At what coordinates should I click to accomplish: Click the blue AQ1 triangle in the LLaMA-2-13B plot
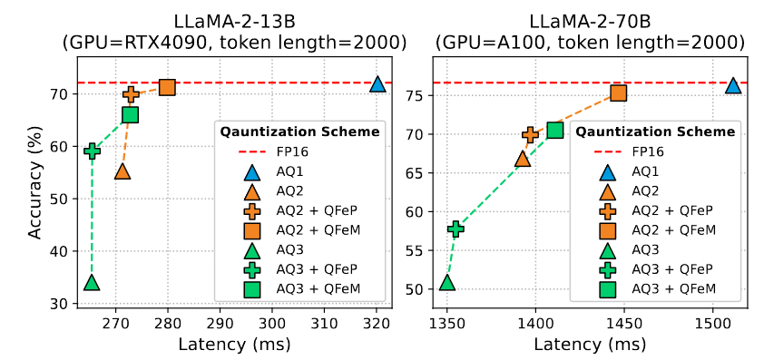point(377,84)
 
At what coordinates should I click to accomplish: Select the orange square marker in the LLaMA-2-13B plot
point(167,87)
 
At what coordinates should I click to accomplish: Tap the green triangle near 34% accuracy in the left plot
point(92,282)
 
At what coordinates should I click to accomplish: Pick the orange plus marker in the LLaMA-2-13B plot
point(131,94)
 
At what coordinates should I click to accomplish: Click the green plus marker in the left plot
point(92,151)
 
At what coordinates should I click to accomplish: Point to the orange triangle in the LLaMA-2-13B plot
point(122,171)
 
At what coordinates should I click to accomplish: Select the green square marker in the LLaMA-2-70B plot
point(555,130)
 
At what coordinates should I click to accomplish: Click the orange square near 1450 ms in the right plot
point(618,92)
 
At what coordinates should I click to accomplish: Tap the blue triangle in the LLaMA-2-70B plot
point(732,85)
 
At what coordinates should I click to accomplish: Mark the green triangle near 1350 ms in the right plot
point(446,282)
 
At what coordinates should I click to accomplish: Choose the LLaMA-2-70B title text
point(590,20)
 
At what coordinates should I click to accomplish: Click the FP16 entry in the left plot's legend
point(289,151)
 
